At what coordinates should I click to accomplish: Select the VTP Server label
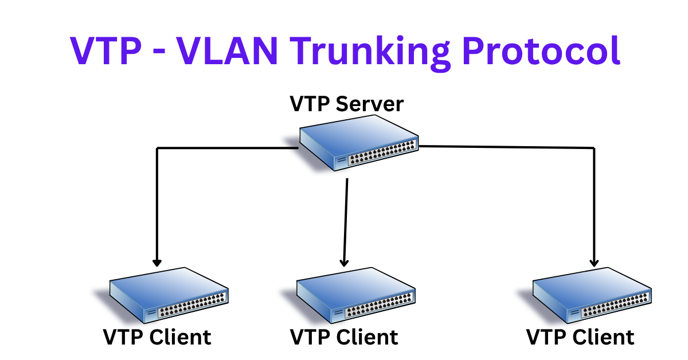point(346,104)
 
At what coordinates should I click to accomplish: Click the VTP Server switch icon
point(359,141)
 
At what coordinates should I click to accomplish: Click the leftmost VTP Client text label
point(157,337)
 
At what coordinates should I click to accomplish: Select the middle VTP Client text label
point(344,337)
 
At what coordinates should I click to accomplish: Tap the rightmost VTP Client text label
point(580,337)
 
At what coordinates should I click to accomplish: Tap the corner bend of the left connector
point(157,148)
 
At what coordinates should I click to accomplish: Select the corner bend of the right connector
point(595,148)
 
